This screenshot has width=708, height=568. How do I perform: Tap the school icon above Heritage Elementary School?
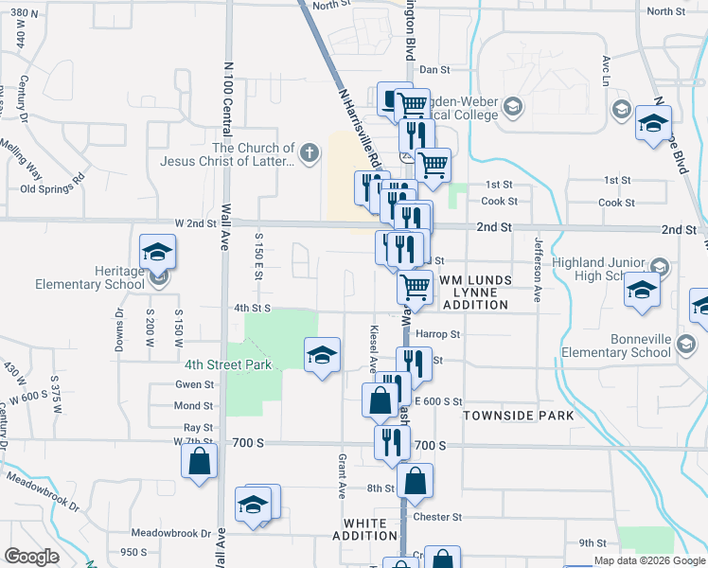(x=157, y=252)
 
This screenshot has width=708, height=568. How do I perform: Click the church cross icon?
(x=310, y=152)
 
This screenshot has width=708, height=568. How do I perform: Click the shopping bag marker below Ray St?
(x=200, y=463)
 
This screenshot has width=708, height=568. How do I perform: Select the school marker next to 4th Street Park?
(x=322, y=355)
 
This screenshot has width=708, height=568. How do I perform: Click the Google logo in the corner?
(x=31, y=557)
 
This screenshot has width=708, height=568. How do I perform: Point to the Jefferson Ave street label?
(x=537, y=269)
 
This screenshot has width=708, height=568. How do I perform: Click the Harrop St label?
(x=441, y=334)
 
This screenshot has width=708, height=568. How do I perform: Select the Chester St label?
(x=442, y=517)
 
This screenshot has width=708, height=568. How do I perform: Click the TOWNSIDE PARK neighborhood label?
(x=518, y=416)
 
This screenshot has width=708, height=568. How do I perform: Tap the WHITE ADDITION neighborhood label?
(x=364, y=529)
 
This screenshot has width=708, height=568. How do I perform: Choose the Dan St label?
(x=434, y=69)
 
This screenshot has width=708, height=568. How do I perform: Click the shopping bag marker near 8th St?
(x=416, y=481)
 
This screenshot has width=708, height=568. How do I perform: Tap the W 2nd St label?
(x=197, y=223)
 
